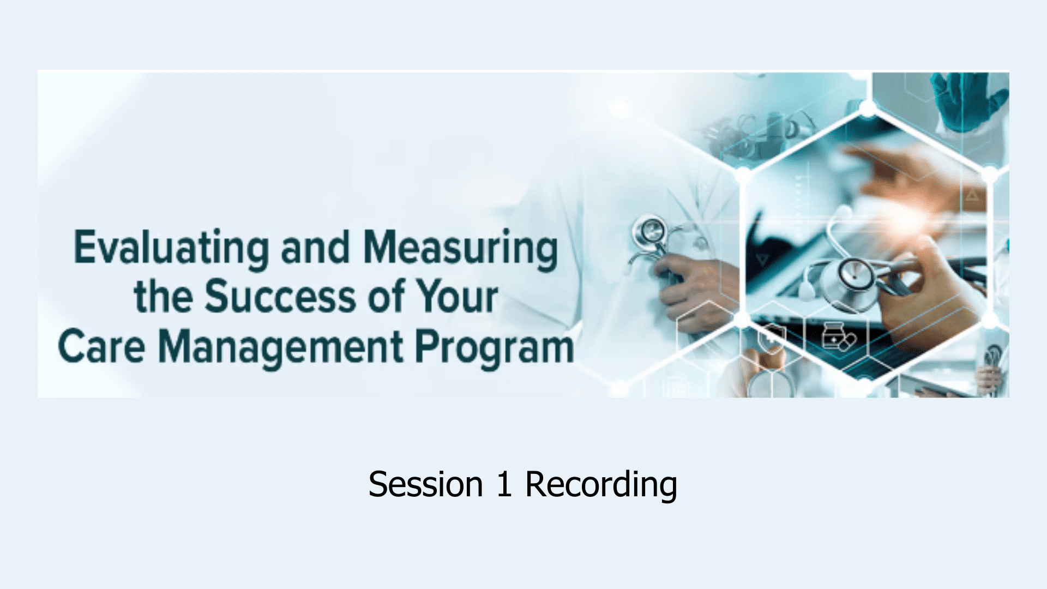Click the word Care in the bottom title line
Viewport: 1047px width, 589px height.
pos(101,346)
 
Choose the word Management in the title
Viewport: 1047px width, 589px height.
pos(281,348)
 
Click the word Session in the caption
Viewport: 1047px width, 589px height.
pos(426,484)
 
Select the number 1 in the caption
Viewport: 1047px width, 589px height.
pos(504,484)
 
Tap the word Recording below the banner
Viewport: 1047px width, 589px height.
pos(601,485)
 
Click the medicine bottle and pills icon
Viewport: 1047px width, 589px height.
pos(839,338)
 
